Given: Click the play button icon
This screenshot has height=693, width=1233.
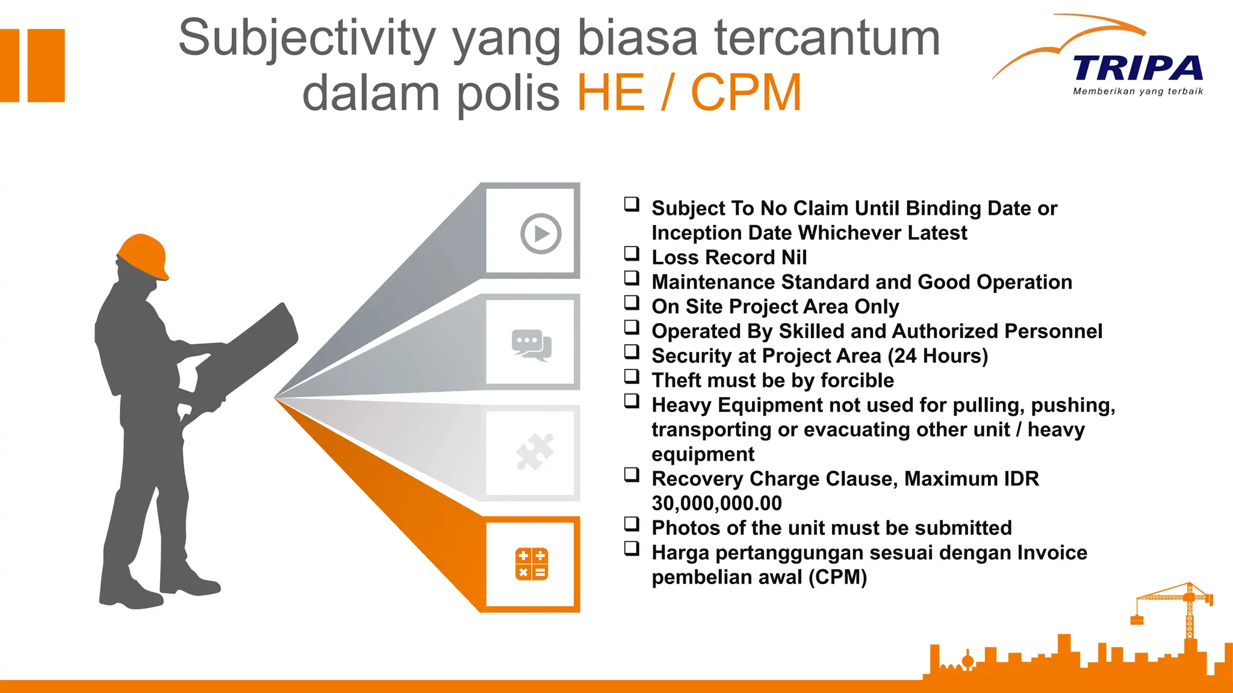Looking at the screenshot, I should [541, 233].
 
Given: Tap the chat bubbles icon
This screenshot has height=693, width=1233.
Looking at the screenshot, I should [531, 345].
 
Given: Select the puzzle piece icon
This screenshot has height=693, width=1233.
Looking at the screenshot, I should [535, 451].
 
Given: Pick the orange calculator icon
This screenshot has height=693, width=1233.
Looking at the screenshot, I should [532, 564].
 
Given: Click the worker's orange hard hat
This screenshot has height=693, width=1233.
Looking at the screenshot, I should [143, 255].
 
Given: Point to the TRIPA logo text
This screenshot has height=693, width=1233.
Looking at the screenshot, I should [1137, 68].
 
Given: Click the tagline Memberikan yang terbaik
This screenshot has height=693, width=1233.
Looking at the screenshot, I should [1137, 91].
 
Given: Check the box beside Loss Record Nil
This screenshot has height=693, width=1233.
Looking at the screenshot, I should [632, 253].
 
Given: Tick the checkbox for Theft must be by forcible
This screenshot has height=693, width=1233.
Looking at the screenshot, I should [632, 376].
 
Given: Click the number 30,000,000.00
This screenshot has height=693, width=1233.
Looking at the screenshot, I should [716, 504].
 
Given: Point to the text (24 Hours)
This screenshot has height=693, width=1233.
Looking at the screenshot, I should [938, 356].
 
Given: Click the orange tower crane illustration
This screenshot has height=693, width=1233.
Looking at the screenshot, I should [1180, 608].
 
